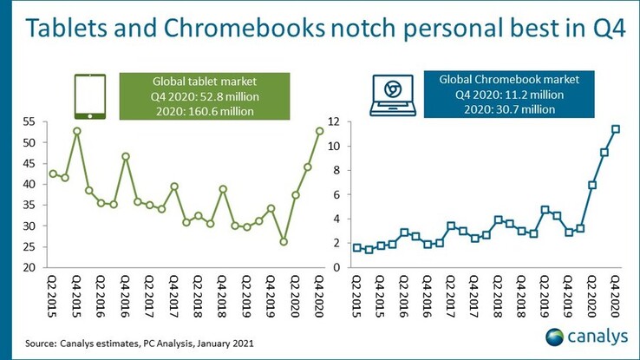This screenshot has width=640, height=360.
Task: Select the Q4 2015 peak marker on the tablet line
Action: [77, 131]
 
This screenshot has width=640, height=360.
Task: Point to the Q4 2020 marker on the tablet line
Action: [319, 131]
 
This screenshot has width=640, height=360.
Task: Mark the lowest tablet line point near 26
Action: [283, 241]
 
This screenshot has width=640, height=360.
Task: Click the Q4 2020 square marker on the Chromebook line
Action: [616, 129]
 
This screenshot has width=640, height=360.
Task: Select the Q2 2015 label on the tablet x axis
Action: [53, 296]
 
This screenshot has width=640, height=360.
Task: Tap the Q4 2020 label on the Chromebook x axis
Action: [616, 296]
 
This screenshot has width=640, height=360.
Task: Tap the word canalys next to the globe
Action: [598, 337]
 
